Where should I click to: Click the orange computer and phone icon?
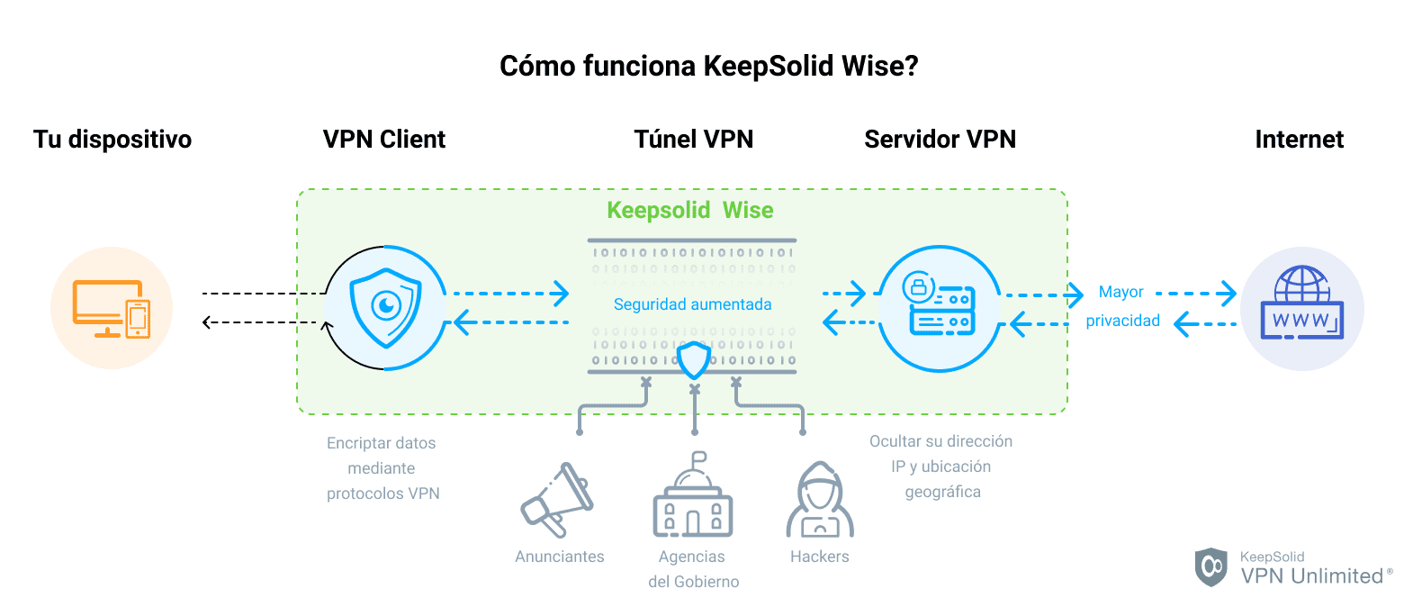pyautogui.click(x=112, y=308)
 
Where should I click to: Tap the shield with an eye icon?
pyautogui.click(x=386, y=308)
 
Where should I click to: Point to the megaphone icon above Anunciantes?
pyautogui.click(x=556, y=499)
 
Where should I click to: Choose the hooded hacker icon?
pyautogui.click(x=819, y=501)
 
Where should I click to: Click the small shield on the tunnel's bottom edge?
pyautogui.click(x=694, y=359)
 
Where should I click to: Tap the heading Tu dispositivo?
pyautogui.click(x=112, y=140)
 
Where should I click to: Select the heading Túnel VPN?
pyautogui.click(x=693, y=140)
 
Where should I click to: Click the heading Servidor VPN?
pyautogui.click(x=940, y=140)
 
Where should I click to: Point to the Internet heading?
pyautogui.click(x=1299, y=140)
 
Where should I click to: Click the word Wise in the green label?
pyautogui.click(x=748, y=211)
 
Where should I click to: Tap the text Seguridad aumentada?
pyautogui.click(x=692, y=304)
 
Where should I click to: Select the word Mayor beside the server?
pyautogui.click(x=1120, y=292)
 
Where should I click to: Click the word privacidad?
pyautogui.click(x=1122, y=321)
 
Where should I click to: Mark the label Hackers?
pyautogui.click(x=819, y=557)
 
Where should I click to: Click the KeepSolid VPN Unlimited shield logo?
pyautogui.click(x=1210, y=566)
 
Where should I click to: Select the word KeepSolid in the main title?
pyautogui.click(x=769, y=67)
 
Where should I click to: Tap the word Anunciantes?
pyautogui.click(x=559, y=557)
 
